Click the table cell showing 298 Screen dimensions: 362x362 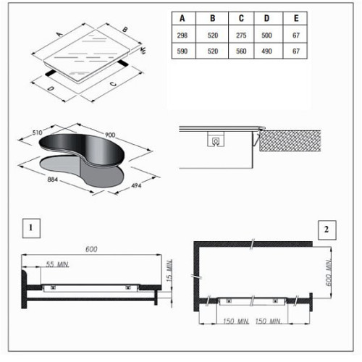click(x=182, y=35)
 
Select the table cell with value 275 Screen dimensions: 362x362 click(x=241, y=35)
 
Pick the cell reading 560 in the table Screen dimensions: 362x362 click(x=241, y=51)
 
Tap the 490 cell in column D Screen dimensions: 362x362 click(x=266, y=51)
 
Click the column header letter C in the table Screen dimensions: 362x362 click(x=241, y=18)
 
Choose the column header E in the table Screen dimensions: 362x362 click(x=296, y=18)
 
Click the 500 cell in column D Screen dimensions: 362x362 click(x=266, y=35)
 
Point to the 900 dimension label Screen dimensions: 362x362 click(x=110, y=135)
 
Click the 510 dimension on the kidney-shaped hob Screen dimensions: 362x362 click(x=37, y=132)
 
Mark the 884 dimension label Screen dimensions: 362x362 click(x=53, y=180)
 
